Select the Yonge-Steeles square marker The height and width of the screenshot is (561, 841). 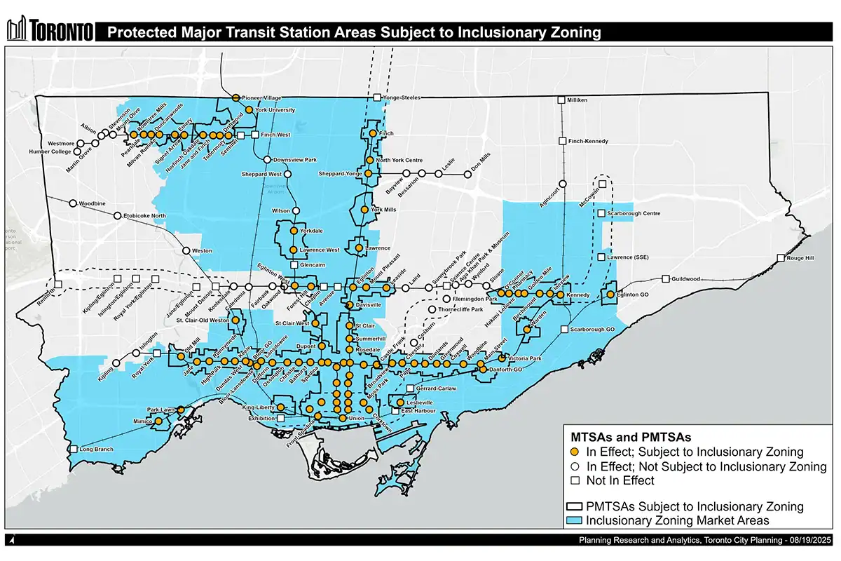pos(376,98)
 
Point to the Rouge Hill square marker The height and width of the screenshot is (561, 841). pos(780,259)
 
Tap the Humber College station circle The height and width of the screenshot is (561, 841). pos(77,151)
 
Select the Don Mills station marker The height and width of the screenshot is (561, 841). pos(467,174)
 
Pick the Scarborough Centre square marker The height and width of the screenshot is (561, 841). pos(601,213)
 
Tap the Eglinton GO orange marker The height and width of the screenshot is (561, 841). pos(610,295)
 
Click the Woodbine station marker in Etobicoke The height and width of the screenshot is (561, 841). pos(73,204)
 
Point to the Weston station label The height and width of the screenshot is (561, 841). pos(202,250)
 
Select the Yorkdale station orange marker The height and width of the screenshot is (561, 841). pos(294,230)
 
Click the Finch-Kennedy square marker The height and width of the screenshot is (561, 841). pos(562,142)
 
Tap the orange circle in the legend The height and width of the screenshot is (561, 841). pos(574,452)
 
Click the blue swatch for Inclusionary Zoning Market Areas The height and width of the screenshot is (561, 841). pos(574,520)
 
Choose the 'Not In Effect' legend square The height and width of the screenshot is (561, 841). pos(574,480)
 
